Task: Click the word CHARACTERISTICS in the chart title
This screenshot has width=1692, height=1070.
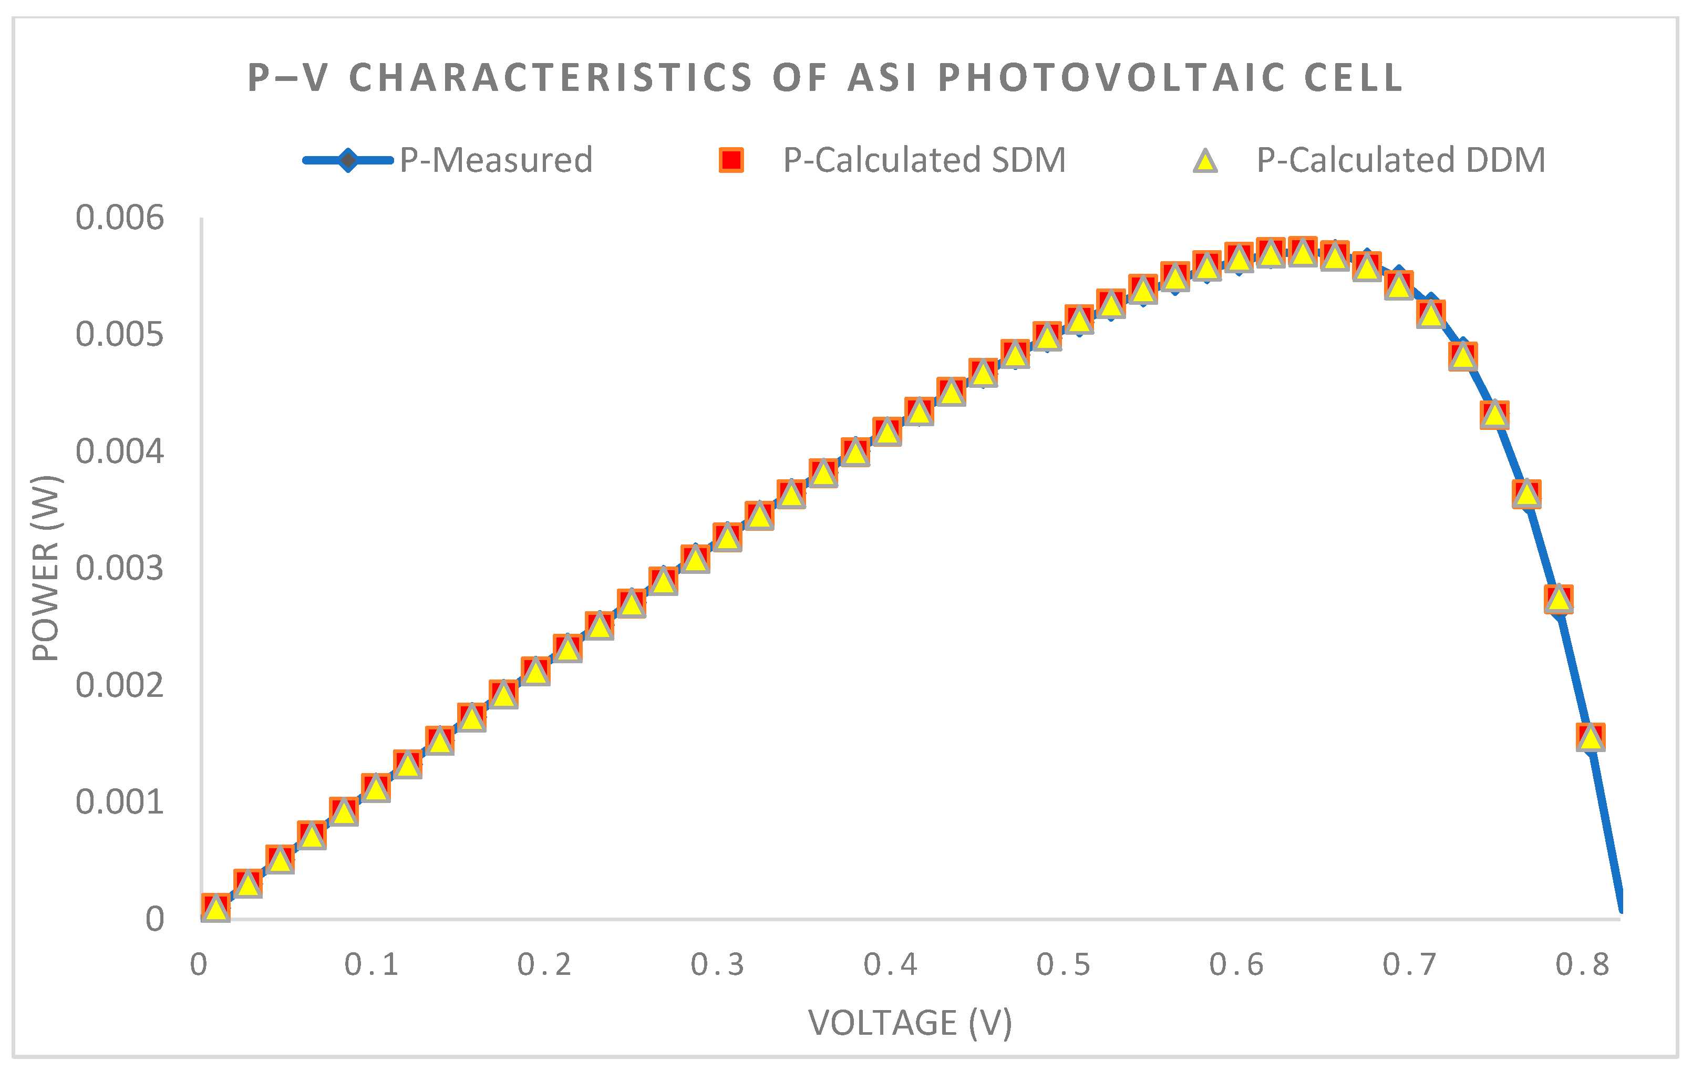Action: pyautogui.click(x=550, y=77)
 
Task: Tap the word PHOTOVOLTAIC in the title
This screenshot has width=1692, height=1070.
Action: pyautogui.click(x=1111, y=77)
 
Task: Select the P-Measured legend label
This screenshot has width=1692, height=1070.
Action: pyautogui.click(x=496, y=160)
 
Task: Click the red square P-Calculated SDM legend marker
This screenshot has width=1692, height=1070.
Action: pyautogui.click(x=731, y=160)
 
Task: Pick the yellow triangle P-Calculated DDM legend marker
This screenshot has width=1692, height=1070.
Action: pyautogui.click(x=1205, y=161)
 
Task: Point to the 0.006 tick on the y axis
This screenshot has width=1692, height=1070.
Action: pyautogui.click(x=119, y=218)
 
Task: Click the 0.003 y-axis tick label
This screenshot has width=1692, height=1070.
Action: pyautogui.click(x=119, y=568)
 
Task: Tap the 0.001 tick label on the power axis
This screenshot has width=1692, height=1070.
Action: pyautogui.click(x=119, y=802)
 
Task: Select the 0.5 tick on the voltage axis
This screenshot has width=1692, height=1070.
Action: pyautogui.click(x=1063, y=964)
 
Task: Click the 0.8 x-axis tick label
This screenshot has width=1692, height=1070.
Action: pyautogui.click(x=1582, y=964)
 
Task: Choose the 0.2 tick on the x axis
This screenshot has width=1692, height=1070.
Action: pyautogui.click(x=544, y=964)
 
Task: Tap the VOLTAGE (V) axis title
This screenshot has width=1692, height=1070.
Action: pyautogui.click(x=910, y=1022)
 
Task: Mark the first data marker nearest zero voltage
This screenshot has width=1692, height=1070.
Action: pyautogui.click(x=215, y=908)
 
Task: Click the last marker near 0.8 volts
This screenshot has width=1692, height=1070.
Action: pyautogui.click(x=1590, y=737)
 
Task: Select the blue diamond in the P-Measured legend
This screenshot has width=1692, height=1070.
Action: pyautogui.click(x=348, y=160)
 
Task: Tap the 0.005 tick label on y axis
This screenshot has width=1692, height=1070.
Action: pyautogui.click(x=119, y=334)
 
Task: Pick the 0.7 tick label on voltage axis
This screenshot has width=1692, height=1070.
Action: pyautogui.click(x=1409, y=964)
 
